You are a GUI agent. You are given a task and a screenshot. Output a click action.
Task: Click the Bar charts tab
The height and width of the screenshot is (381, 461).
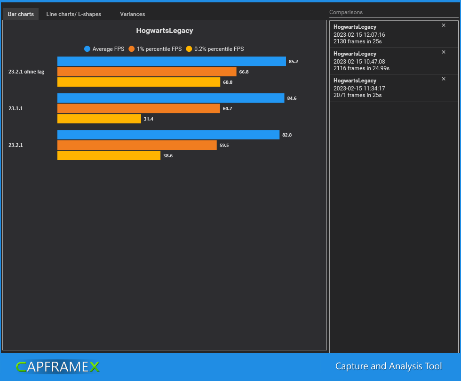pyautogui.click(x=21, y=14)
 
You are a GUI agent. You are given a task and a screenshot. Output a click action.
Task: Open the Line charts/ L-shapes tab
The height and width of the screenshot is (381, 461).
pyautogui.click(x=73, y=14)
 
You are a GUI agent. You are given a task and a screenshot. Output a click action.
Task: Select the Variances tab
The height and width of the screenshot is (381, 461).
pyautogui.click(x=132, y=14)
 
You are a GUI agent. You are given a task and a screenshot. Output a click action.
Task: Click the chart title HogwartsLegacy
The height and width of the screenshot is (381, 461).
pyautogui.click(x=165, y=31)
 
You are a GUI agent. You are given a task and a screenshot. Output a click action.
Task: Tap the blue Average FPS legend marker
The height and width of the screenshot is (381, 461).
pyautogui.click(x=87, y=49)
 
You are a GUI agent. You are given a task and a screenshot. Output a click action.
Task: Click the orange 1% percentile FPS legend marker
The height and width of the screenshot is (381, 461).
pyautogui.click(x=132, y=49)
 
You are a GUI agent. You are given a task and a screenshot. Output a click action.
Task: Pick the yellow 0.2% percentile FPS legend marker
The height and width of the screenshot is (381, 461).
pyautogui.click(x=189, y=49)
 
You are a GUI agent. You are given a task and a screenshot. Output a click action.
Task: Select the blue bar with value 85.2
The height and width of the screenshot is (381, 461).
pyautogui.click(x=171, y=61)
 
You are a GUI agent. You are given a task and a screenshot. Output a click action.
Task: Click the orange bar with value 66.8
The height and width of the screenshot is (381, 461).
pyautogui.click(x=146, y=72)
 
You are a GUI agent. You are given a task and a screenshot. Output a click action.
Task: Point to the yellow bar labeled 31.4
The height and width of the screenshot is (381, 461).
pyautogui.click(x=99, y=119)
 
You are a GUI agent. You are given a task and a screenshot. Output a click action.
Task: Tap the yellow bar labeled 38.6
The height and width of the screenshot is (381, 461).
pyautogui.click(x=109, y=155)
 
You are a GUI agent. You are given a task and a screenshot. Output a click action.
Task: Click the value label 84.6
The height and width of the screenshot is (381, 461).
pyautogui.click(x=292, y=98)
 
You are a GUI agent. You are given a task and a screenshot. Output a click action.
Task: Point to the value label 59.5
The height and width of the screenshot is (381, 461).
pyautogui.click(x=224, y=146)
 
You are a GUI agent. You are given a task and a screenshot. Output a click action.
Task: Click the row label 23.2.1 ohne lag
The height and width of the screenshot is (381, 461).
pyautogui.click(x=26, y=72)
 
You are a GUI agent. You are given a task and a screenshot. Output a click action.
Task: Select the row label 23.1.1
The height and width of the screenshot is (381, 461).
pyautogui.click(x=16, y=109)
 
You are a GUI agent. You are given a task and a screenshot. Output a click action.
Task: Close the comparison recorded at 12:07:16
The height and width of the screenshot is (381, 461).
pyautogui.click(x=444, y=25)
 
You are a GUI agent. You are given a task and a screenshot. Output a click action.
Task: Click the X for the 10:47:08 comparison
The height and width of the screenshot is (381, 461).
pyautogui.click(x=444, y=52)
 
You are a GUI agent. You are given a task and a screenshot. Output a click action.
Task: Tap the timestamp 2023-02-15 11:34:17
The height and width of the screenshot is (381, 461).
pyautogui.click(x=359, y=89)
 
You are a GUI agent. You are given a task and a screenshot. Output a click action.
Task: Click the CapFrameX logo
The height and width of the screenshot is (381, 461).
pyautogui.click(x=57, y=366)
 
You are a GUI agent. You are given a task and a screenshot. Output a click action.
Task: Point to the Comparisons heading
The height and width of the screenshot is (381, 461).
pyautogui.click(x=346, y=12)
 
